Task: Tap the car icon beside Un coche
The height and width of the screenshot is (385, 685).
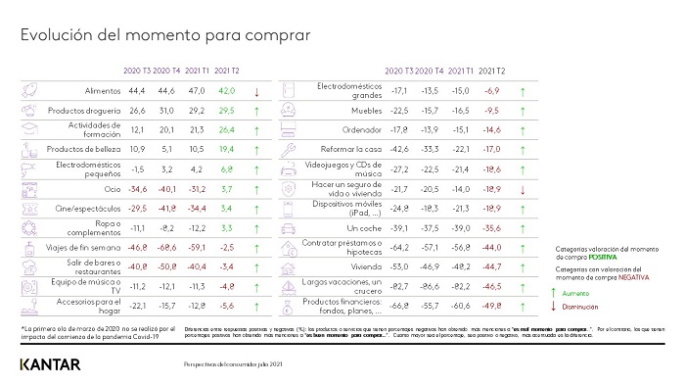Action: point(290,226)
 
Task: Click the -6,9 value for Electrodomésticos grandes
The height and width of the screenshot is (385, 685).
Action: point(493,89)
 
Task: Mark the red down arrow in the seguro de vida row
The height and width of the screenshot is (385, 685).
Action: point(524,188)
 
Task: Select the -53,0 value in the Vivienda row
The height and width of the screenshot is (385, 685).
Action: point(400,266)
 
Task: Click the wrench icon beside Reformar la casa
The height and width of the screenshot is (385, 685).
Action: point(290,149)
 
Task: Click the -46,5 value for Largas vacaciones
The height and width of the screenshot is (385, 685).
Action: point(493,286)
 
